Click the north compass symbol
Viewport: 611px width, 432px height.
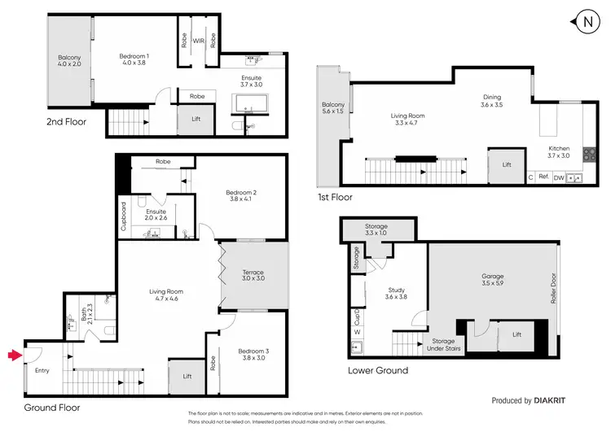pos(588,22)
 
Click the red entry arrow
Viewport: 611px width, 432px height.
pos(13,355)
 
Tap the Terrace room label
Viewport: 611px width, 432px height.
pos(254,273)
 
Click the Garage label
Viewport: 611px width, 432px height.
pos(492,277)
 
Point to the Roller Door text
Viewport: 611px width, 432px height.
pos(554,286)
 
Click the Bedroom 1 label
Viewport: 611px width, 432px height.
pos(134,55)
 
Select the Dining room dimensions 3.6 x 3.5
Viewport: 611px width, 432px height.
pos(491,104)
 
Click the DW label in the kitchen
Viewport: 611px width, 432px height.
pos(558,177)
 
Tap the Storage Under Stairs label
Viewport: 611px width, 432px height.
pos(443,345)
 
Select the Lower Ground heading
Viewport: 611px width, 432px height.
pos(376,370)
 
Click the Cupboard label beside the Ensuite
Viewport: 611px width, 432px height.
pos(124,216)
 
